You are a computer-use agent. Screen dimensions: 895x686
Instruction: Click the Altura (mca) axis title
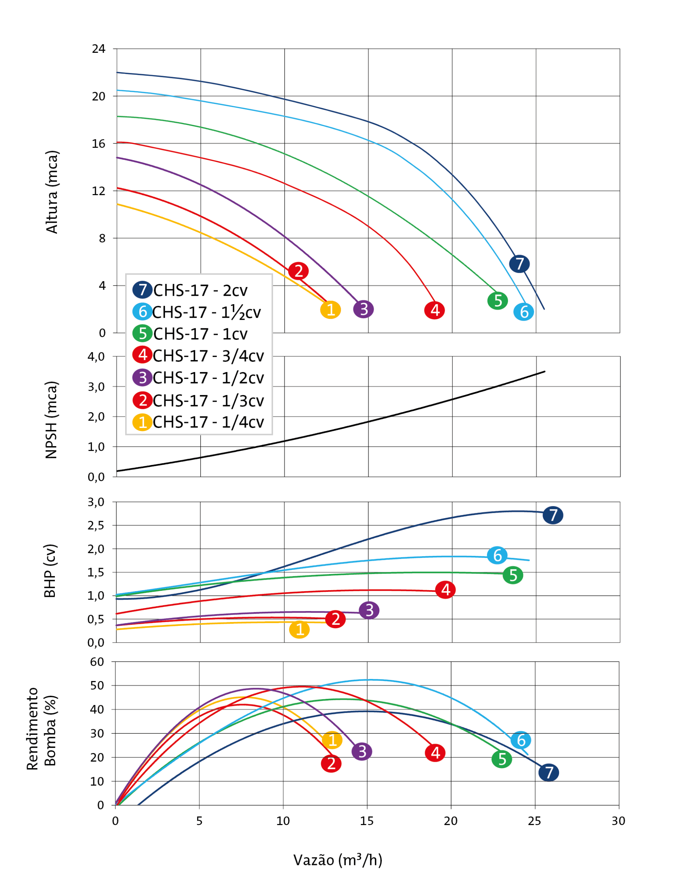click(52, 192)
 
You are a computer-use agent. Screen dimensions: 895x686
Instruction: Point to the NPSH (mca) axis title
click(51, 420)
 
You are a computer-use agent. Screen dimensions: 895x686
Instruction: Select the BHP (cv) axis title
click(50, 571)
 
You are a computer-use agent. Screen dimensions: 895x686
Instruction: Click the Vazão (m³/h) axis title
click(338, 860)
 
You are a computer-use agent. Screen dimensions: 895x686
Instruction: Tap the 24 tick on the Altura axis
click(98, 49)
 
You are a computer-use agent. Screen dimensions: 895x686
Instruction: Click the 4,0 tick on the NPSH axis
click(97, 357)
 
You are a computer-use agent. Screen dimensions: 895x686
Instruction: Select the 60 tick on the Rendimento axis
click(97, 662)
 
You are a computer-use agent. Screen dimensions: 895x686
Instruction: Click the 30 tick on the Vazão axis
click(618, 821)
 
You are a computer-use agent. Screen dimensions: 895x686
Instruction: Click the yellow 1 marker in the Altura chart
click(331, 309)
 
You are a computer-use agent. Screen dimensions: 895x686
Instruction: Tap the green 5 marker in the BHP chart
click(513, 575)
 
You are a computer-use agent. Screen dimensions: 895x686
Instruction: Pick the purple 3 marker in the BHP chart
click(369, 610)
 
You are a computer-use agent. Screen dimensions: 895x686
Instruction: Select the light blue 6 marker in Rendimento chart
click(521, 740)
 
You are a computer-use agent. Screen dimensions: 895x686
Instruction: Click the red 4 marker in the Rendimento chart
click(435, 753)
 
